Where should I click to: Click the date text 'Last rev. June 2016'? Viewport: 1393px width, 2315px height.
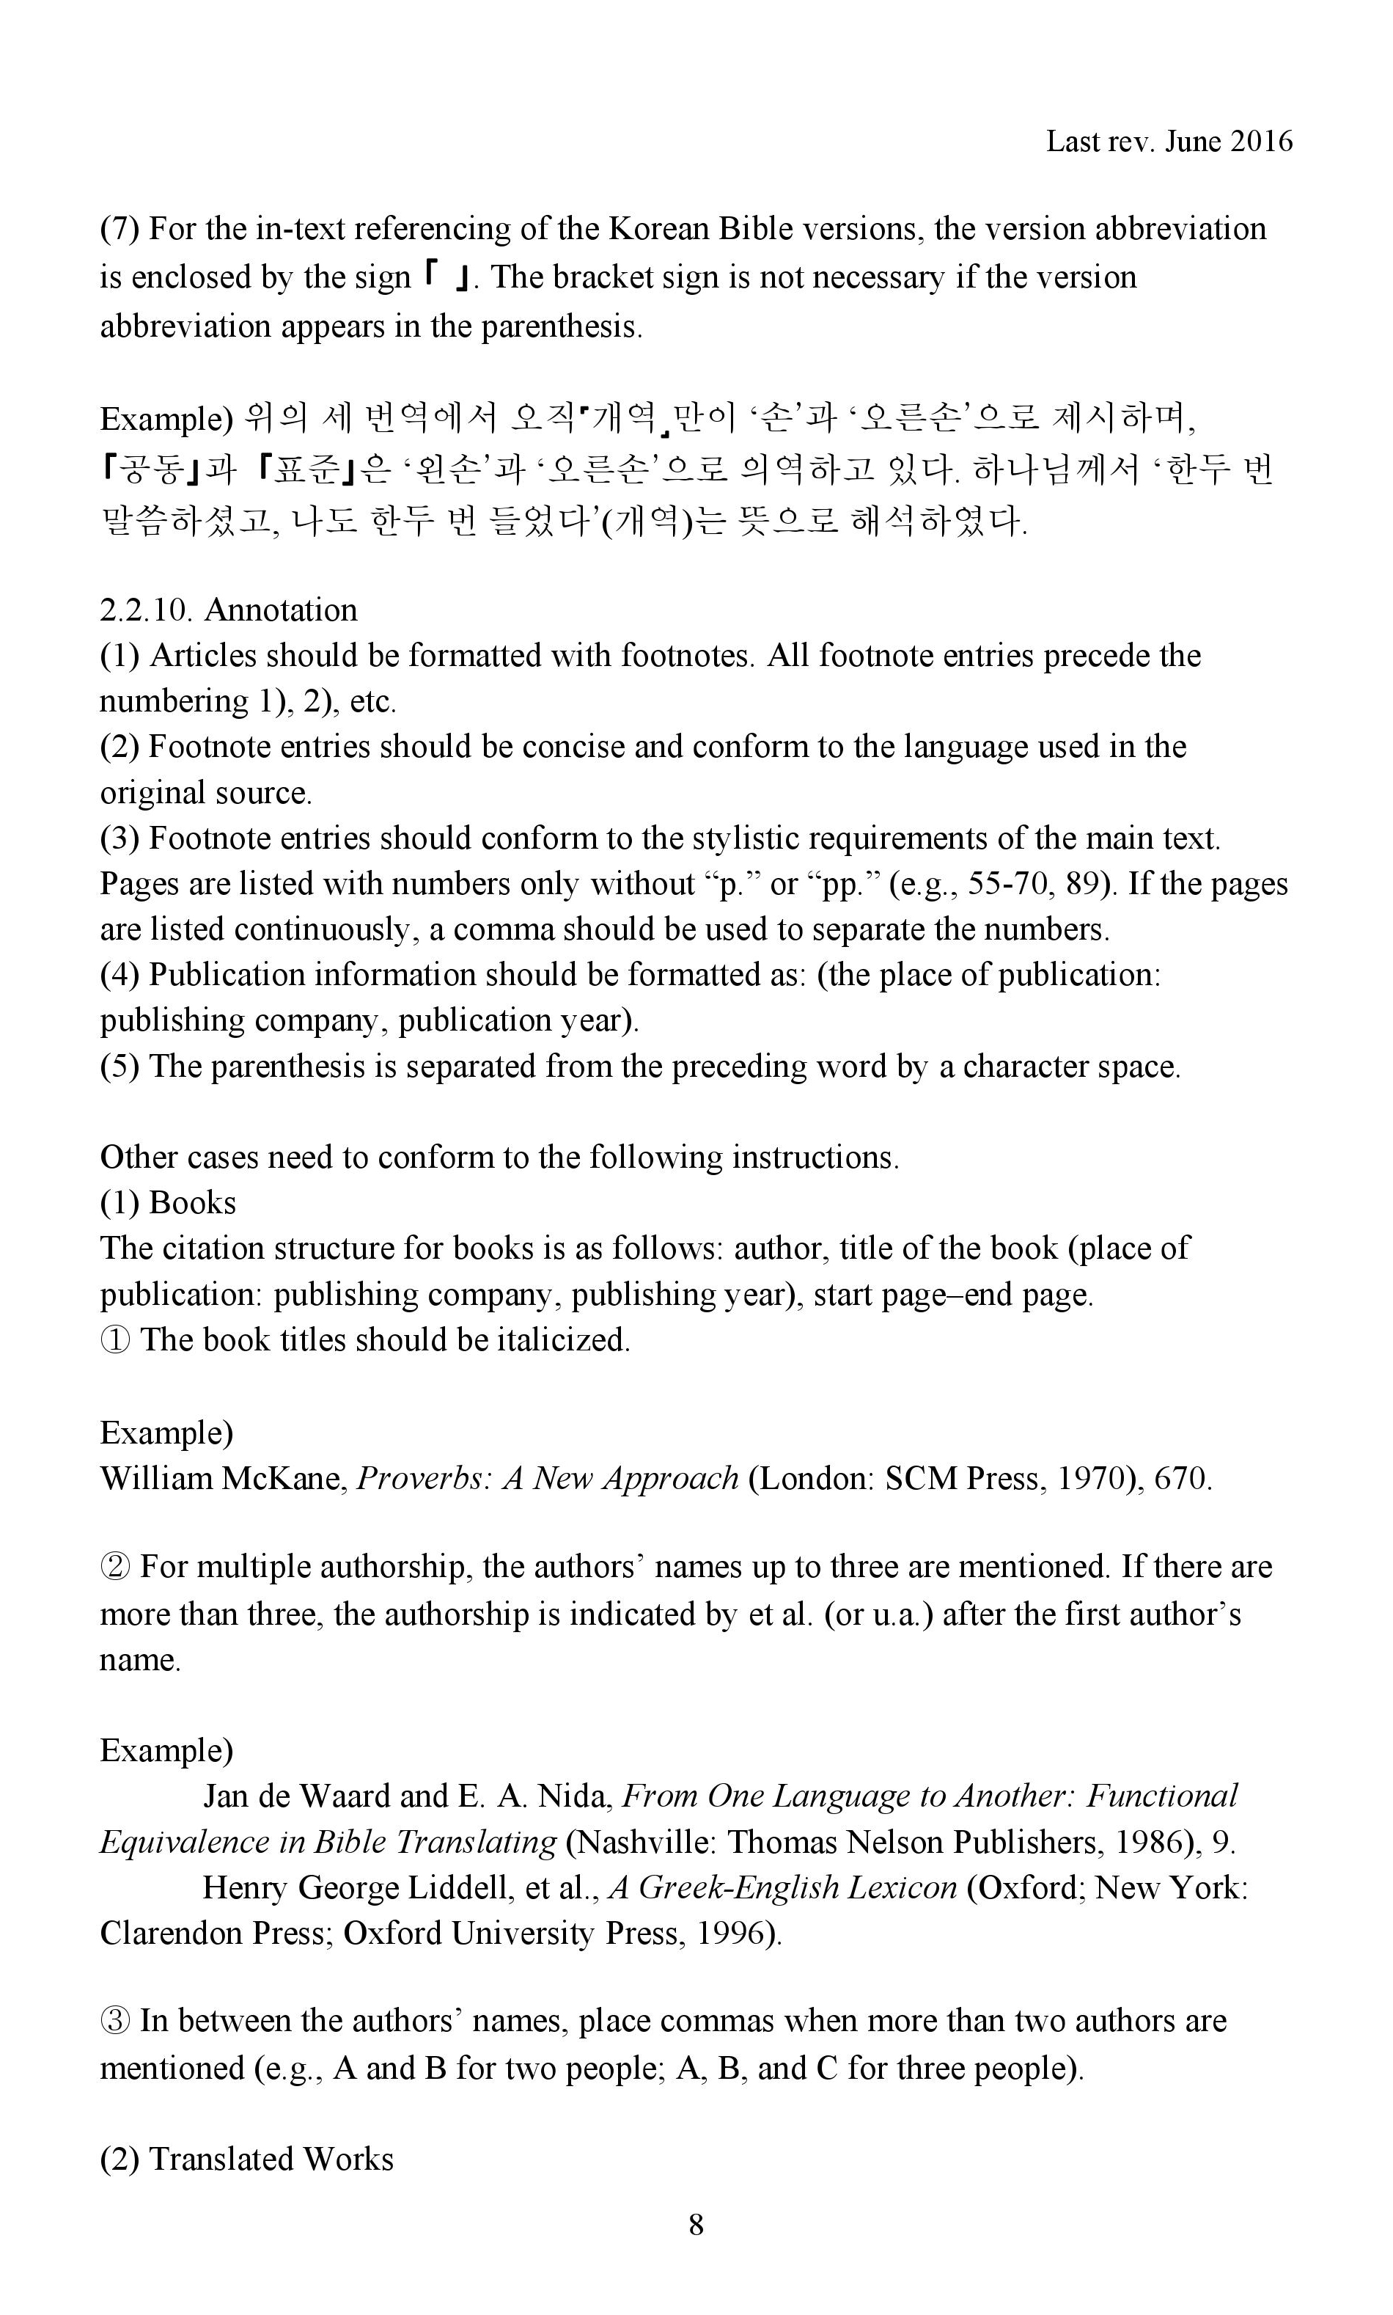click(1169, 142)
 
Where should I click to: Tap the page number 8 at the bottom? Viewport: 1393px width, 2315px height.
click(696, 2225)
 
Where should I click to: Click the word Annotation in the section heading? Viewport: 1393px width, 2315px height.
click(281, 610)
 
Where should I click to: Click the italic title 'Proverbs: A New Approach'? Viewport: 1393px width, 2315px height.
click(548, 1480)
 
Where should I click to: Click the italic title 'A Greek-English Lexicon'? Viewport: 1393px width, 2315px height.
click(783, 1887)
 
